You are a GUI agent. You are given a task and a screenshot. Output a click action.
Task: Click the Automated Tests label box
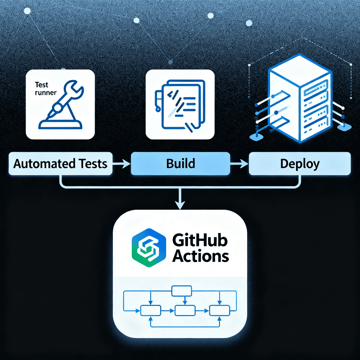pos(60,164)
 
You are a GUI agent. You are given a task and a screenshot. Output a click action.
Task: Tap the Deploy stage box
pos(300,164)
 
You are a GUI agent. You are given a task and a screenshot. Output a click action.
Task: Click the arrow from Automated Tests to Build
pos(122,163)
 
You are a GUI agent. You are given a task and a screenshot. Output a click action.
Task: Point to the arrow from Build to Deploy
pos(240,163)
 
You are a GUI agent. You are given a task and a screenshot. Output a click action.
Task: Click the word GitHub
pos(200,241)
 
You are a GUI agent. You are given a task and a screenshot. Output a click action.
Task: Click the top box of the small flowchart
pos(181,291)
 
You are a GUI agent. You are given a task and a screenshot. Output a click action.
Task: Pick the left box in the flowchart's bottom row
pos(150,310)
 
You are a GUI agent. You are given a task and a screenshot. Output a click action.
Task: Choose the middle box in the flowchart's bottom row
pos(185,310)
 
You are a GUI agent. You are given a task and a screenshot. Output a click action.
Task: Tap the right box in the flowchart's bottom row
pos(219,310)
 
